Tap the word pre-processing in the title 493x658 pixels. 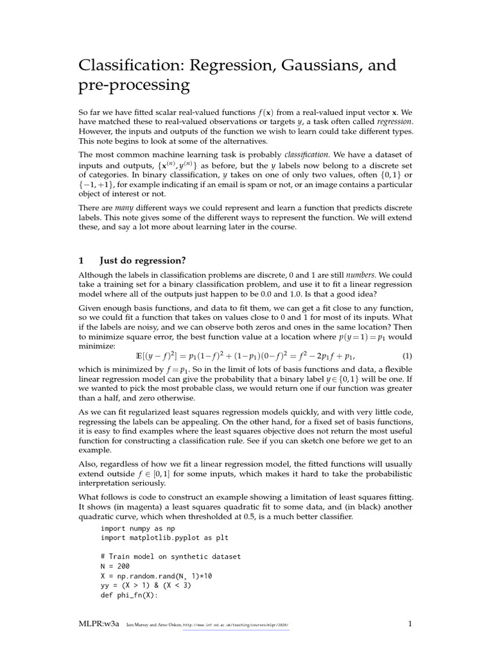(134, 85)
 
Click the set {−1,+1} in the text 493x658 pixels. (93, 185)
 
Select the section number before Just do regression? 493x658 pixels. (81, 260)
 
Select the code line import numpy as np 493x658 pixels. (137, 528)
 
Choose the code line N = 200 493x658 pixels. (115, 566)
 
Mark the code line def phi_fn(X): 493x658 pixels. (128, 594)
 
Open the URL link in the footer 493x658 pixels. (236, 625)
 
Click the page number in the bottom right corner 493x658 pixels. (409, 624)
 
